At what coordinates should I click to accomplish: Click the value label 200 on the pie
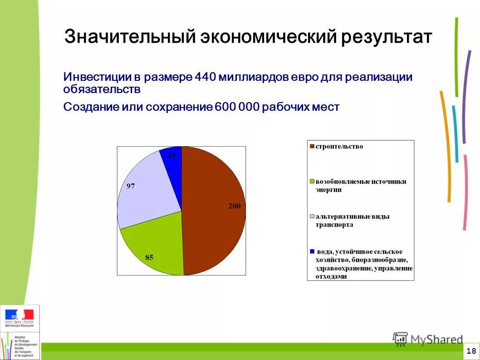click(x=234, y=206)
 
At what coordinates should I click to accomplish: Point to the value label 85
click(x=149, y=257)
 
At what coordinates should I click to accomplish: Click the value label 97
click(x=130, y=186)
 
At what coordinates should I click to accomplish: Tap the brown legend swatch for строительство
click(x=312, y=147)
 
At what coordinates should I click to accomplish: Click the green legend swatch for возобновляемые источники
click(x=312, y=182)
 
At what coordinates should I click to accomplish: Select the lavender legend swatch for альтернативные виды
click(x=312, y=217)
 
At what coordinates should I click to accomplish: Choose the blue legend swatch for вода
click(x=312, y=252)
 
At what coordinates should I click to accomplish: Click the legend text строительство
click(x=339, y=147)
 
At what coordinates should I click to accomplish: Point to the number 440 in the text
click(x=205, y=76)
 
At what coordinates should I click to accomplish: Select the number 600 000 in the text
click(x=237, y=107)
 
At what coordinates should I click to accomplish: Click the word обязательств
click(x=102, y=89)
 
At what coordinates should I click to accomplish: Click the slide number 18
click(x=471, y=351)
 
